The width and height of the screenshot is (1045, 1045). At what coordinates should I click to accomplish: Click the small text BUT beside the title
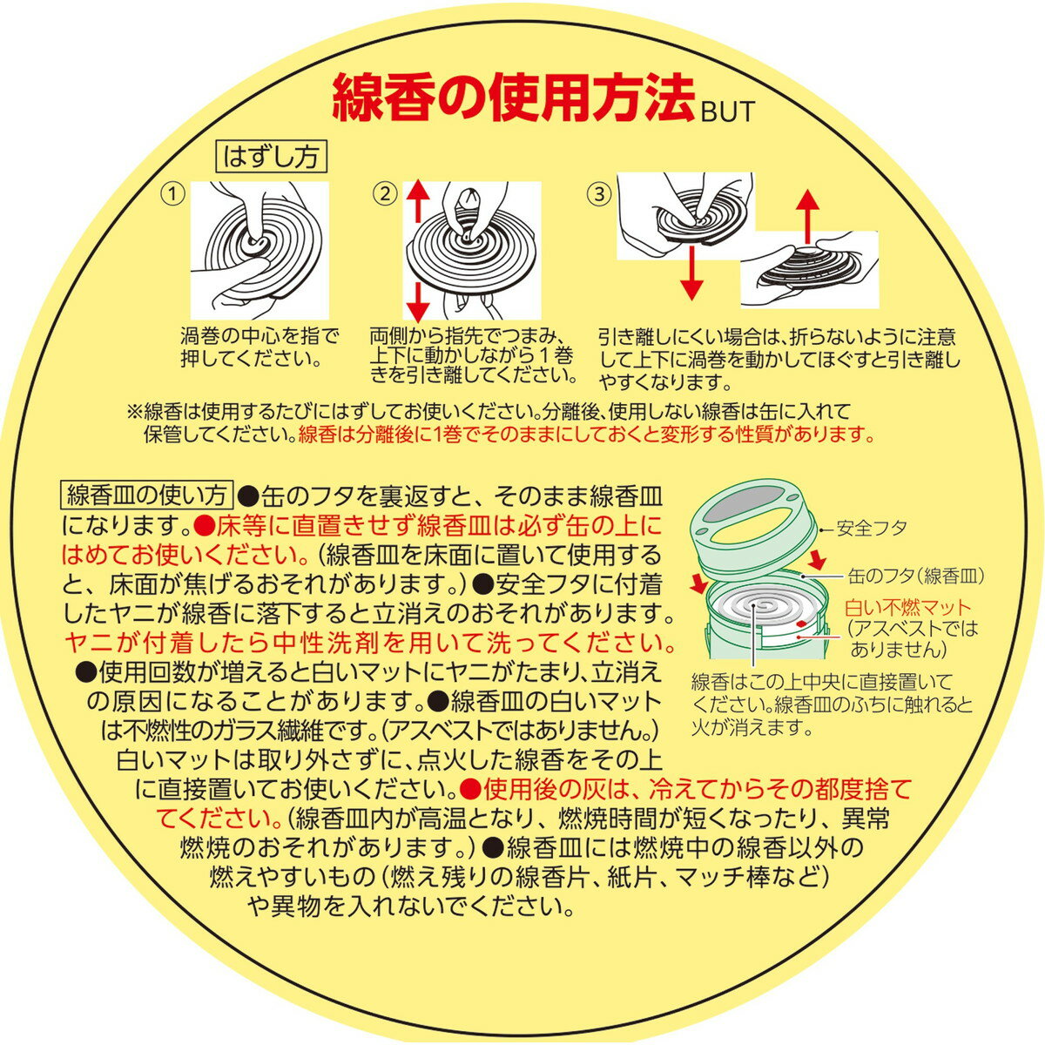[x=725, y=111]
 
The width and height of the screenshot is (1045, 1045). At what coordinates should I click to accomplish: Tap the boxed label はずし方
[x=271, y=158]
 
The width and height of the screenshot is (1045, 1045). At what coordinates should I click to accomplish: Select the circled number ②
[x=385, y=193]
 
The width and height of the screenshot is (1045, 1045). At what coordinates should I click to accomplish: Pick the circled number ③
[x=598, y=193]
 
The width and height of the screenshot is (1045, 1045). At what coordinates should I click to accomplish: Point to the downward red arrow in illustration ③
[x=690, y=271]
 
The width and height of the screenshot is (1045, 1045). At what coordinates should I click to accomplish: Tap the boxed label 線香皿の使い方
[x=146, y=495]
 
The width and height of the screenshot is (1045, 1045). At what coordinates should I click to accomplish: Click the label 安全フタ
[x=872, y=528]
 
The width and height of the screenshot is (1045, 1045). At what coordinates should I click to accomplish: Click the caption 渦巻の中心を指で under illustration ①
[x=260, y=337]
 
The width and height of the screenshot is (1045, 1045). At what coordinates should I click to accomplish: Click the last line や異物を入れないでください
[x=410, y=906]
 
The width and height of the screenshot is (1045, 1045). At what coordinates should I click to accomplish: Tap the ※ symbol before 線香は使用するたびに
[x=134, y=412]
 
